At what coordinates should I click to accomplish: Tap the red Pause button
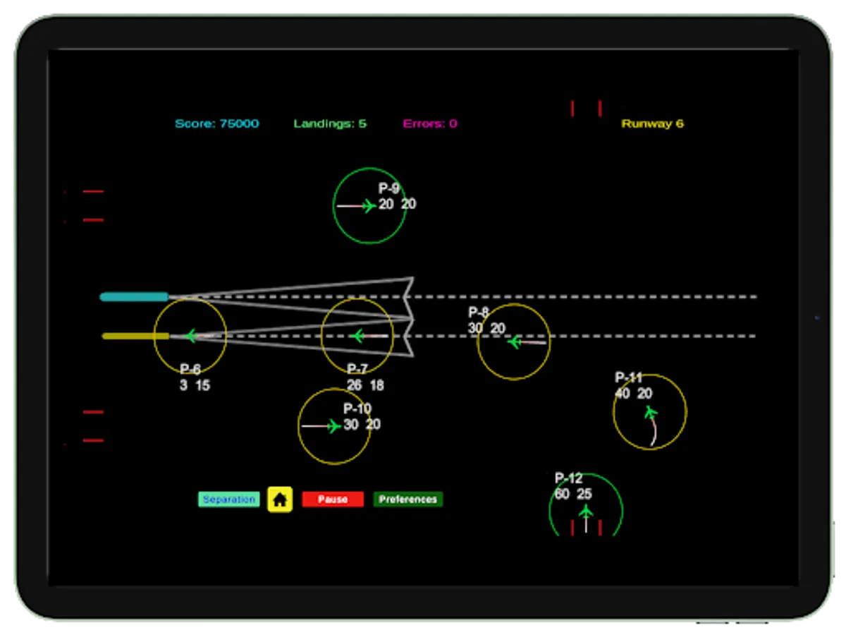pyautogui.click(x=333, y=500)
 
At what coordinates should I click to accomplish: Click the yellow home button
pyautogui.click(x=280, y=500)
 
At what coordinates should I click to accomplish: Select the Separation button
pyautogui.click(x=228, y=500)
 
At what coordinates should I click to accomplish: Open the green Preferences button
pyautogui.click(x=408, y=500)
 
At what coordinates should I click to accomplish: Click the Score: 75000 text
pyautogui.click(x=217, y=123)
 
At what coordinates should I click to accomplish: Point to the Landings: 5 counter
pyautogui.click(x=330, y=123)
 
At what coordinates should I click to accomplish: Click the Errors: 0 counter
pyautogui.click(x=430, y=123)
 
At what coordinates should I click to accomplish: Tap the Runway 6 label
pyautogui.click(x=652, y=123)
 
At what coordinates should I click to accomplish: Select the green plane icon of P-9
pyautogui.click(x=367, y=206)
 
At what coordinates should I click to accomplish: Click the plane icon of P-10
pyautogui.click(x=333, y=426)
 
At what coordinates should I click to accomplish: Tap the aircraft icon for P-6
pyautogui.click(x=190, y=336)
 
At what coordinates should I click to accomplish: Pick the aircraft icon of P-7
pyautogui.click(x=357, y=336)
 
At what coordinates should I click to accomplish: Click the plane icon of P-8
pyautogui.click(x=514, y=342)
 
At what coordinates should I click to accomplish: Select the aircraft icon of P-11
pyautogui.click(x=651, y=411)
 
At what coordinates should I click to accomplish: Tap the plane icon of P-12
pyautogui.click(x=586, y=512)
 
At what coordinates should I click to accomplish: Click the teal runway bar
pyautogui.click(x=134, y=297)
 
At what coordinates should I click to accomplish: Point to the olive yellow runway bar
pyautogui.click(x=135, y=336)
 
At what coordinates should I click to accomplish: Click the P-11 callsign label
pyautogui.click(x=628, y=378)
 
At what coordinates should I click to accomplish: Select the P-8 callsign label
pyautogui.click(x=478, y=313)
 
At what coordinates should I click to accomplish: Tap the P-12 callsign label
pyautogui.click(x=568, y=478)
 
